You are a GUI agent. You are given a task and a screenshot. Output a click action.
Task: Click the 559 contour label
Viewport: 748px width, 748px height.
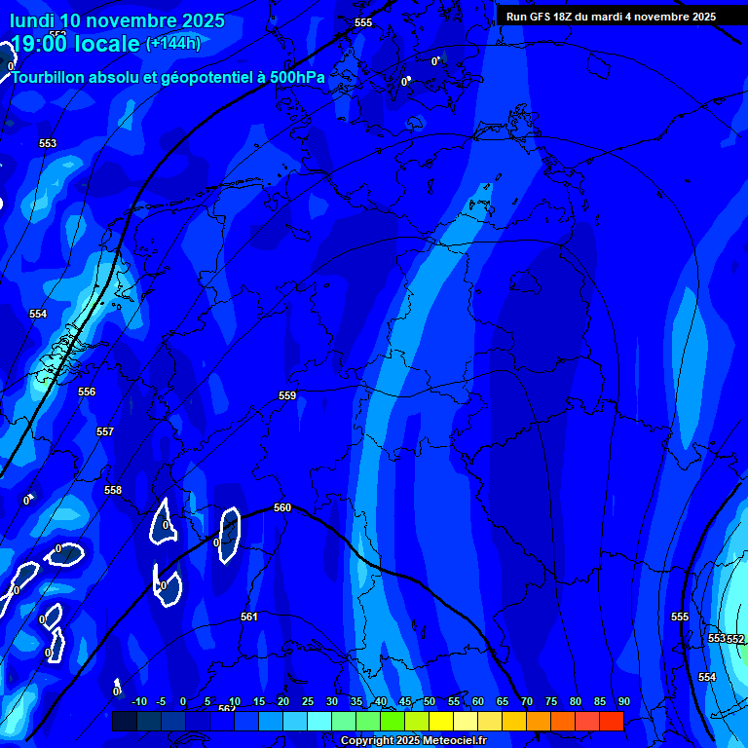click(x=287, y=395)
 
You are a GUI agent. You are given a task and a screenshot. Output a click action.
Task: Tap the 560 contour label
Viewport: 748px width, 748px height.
click(x=282, y=507)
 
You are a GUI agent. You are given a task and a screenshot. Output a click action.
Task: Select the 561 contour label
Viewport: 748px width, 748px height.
click(x=249, y=617)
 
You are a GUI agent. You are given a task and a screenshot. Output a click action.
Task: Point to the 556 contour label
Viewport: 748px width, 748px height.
click(x=87, y=392)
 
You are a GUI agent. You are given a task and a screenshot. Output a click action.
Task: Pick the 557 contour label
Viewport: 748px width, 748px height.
click(x=105, y=431)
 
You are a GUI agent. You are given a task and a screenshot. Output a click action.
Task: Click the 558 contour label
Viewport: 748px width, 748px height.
click(x=113, y=490)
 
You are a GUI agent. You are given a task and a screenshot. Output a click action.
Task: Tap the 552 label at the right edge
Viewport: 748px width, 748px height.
click(x=736, y=639)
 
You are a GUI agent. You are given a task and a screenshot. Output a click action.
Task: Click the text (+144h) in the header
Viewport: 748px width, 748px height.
click(x=173, y=44)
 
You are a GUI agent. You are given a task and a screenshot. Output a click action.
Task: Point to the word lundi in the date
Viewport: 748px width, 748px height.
click(x=32, y=20)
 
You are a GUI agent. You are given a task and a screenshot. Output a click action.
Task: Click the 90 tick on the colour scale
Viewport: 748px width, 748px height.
click(x=623, y=701)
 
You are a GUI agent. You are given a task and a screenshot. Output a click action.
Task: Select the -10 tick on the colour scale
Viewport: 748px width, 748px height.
click(x=138, y=701)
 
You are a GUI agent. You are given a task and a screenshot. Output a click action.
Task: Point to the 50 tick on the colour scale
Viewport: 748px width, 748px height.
click(x=430, y=701)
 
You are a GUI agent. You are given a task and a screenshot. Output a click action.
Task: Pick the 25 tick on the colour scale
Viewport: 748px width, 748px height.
click(x=308, y=701)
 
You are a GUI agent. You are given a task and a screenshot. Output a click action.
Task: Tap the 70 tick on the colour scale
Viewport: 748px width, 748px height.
click(x=527, y=701)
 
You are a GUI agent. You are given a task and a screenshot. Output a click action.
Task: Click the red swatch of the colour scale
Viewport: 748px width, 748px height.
click(x=612, y=721)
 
